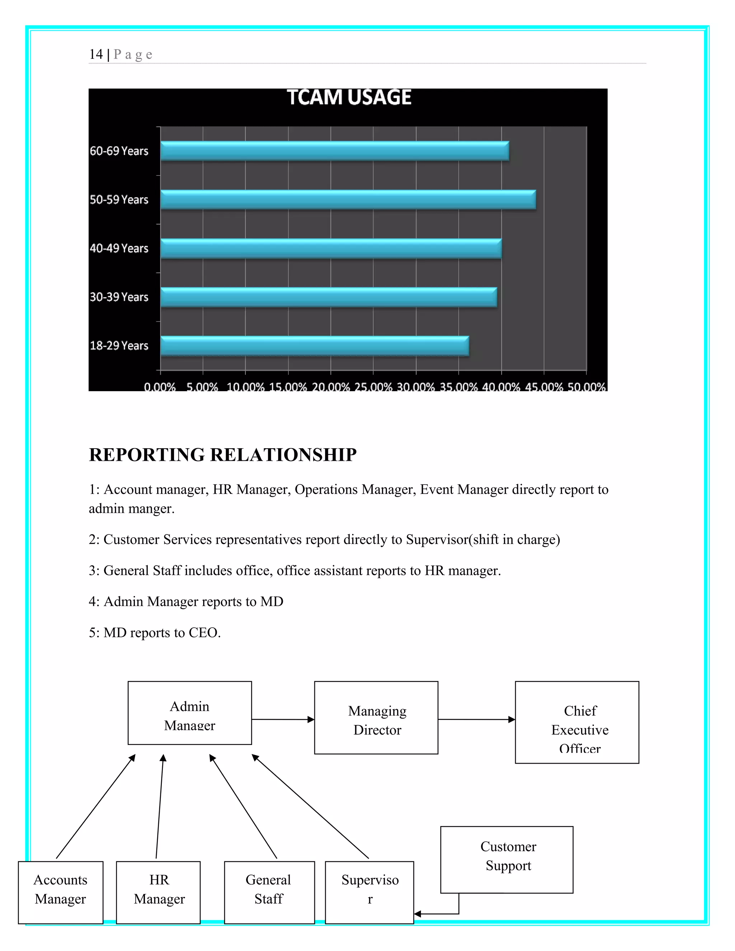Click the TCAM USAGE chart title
349,97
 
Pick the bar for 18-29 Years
314,346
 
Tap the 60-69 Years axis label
119,151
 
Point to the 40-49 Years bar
331,249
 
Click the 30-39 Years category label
119,297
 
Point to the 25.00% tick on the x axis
373,386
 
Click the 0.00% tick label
160,386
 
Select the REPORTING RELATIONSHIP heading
223,455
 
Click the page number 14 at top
96,55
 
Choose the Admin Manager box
189,713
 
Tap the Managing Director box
376,718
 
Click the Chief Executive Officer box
577,722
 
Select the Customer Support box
506,860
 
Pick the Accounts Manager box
61,892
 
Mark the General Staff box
269,892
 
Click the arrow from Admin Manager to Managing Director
283,719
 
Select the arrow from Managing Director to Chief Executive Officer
476,719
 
